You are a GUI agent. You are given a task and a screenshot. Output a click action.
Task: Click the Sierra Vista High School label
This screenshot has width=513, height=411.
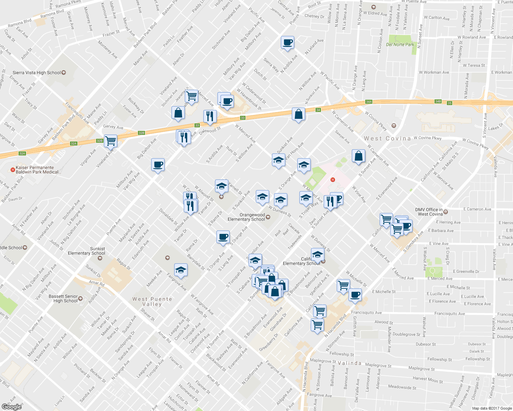[x=37, y=73]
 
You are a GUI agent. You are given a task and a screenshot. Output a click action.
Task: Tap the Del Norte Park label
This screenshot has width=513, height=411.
[x=400, y=45]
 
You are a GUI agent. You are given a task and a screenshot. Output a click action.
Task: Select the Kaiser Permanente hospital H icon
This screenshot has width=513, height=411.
[x=13, y=170]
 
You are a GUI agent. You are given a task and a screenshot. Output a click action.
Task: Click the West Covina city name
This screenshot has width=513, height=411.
[x=387, y=138]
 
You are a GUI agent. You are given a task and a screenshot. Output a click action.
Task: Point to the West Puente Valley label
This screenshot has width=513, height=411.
[x=152, y=301]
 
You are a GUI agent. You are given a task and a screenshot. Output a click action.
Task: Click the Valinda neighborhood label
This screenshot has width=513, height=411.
[x=349, y=363]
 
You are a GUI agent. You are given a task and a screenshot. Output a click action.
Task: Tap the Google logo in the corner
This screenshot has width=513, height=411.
[x=11, y=407]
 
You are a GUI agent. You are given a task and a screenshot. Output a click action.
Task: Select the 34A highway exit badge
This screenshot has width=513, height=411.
[x=369, y=102]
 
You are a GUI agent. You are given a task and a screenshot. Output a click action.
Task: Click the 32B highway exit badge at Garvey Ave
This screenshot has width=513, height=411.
[x=141, y=133]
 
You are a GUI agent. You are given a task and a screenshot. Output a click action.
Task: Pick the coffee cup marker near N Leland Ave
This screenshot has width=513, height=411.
[x=287, y=42]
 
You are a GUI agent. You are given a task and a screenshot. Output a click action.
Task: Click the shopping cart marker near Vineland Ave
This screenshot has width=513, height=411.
[x=110, y=141]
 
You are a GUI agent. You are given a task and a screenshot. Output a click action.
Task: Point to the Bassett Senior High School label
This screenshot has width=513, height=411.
[x=63, y=299]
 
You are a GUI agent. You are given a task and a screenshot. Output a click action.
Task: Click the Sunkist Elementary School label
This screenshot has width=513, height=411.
[x=86, y=251]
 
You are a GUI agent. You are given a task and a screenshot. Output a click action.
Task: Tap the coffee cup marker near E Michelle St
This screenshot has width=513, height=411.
[x=355, y=295]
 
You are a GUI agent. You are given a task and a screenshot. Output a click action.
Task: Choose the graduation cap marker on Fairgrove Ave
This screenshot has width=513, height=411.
[x=181, y=270]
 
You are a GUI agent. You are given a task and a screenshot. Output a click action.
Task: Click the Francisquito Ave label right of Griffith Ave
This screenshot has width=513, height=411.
[x=366, y=313]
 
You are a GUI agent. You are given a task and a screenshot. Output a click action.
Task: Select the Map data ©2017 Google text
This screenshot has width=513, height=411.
[x=492, y=408]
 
